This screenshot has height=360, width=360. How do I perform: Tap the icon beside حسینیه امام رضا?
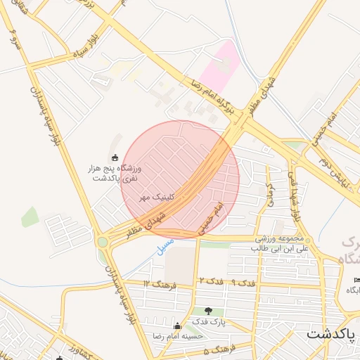(x=177, y=326)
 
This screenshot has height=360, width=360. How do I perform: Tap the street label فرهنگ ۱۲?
(x=156, y=283)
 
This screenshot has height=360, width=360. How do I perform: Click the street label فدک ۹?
(x=243, y=282)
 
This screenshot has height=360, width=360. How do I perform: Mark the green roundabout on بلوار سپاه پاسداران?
(x=103, y=242)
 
